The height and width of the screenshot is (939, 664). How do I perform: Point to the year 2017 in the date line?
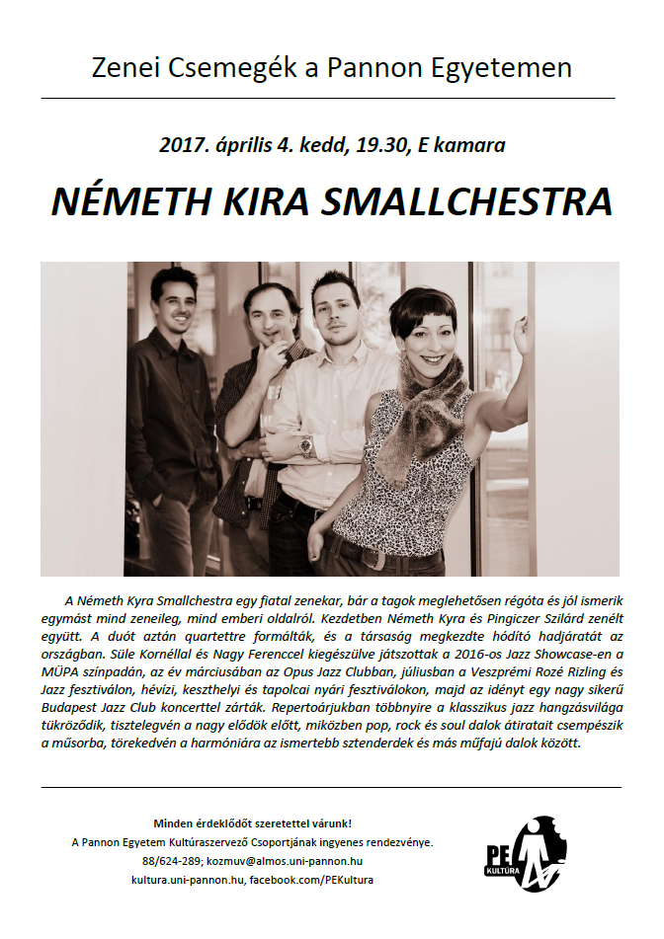180,145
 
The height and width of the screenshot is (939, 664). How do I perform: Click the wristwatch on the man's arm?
307,445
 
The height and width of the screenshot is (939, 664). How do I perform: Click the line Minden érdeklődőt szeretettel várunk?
252,822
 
